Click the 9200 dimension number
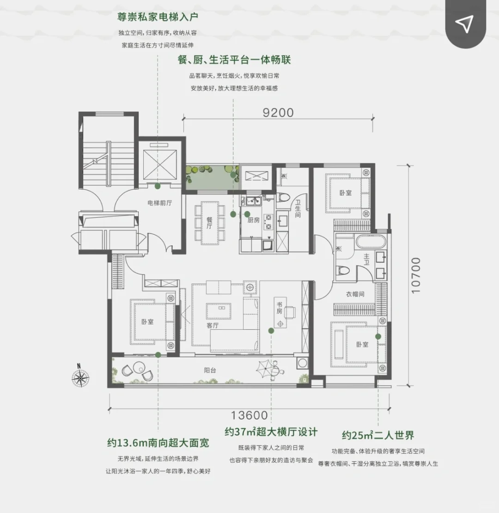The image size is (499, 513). tap(278, 112)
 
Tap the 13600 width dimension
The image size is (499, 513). tap(249, 415)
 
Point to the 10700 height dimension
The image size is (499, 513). tap(416, 276)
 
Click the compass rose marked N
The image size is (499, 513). tap(80, 377)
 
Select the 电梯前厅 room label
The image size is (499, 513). tap(160, 203)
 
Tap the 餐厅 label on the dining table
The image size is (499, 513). tap(209, 223)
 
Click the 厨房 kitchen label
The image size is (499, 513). tap(254, 220)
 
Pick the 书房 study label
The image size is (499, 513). tap(280, 308)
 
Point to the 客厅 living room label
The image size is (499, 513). tap(213, 326)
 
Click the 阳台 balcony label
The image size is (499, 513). tap(210, 371)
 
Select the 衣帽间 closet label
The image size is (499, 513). tap(355, 294)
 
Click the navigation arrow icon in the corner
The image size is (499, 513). tap(464, 24)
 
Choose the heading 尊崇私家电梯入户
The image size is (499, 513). tap(158, 17)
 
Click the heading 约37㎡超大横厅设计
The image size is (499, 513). tap(271, 432)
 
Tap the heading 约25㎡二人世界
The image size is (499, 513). tap(378, 435)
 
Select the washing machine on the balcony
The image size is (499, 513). tap(303, 363)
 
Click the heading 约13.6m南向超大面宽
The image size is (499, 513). tap(158, 443)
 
